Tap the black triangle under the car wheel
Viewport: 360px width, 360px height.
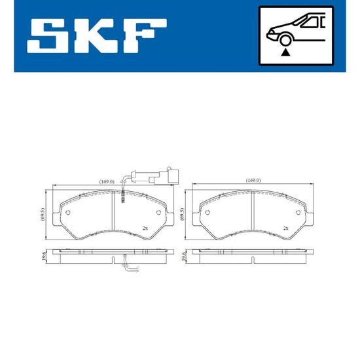[x=285, y=52]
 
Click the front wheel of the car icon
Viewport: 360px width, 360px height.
[x=285, y=40]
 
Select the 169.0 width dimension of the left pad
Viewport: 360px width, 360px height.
[x=107, y=181]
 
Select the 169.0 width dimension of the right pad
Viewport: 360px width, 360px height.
[x=253, y=181]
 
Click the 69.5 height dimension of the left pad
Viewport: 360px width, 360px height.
[x=42, y=215]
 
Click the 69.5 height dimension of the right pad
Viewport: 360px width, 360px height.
[x=182, y=215]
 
